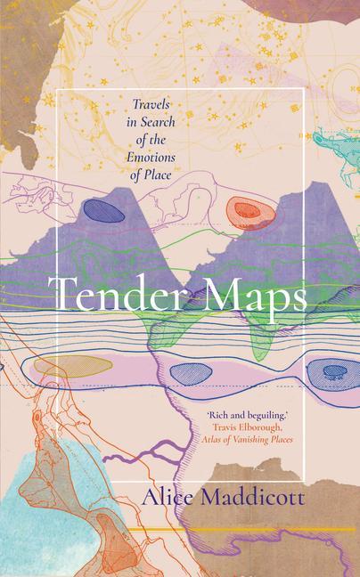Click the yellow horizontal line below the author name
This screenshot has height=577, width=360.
coord(267,529)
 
